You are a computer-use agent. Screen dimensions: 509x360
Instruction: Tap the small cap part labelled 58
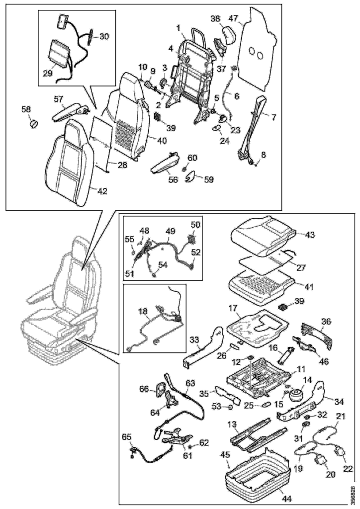tap(34, 123)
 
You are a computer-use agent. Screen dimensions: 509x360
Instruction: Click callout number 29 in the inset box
tap(47, 73)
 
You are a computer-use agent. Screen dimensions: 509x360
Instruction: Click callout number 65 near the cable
tap(127, 437)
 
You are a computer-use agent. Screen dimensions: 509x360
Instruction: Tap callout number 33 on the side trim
tap(194, 340)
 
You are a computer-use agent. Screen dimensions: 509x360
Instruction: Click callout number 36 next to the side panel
tap(326, 322)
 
